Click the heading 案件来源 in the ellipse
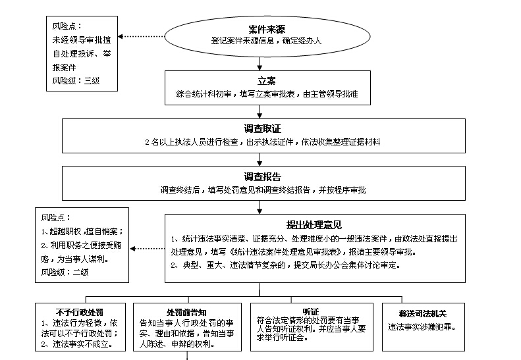[261, 30]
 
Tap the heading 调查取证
[261, 129]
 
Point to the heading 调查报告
[261, 177]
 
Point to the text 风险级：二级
[65, 272]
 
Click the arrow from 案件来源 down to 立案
[261, 63]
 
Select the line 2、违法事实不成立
[78, 344]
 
